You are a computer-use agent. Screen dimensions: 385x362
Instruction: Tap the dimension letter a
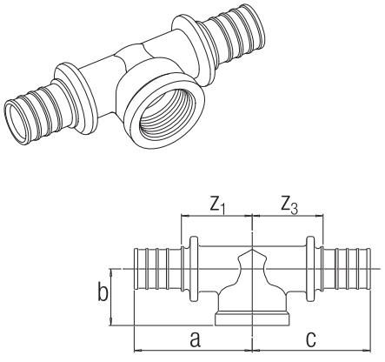195,339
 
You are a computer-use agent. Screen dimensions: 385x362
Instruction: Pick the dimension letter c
311,339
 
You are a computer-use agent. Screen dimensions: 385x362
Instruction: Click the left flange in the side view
194,269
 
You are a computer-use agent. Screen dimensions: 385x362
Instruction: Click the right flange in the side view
310,269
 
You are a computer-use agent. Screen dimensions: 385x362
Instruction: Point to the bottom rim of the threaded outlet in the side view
252,318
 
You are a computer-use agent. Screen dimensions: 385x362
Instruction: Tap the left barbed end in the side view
158,269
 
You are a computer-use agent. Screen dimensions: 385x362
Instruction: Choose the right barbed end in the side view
346,269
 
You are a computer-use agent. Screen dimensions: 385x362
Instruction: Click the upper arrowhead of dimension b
111,272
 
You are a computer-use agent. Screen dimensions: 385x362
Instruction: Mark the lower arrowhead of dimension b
111,322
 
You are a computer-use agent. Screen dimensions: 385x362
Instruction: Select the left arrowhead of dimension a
138,351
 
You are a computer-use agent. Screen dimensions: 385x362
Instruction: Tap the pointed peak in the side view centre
252,250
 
